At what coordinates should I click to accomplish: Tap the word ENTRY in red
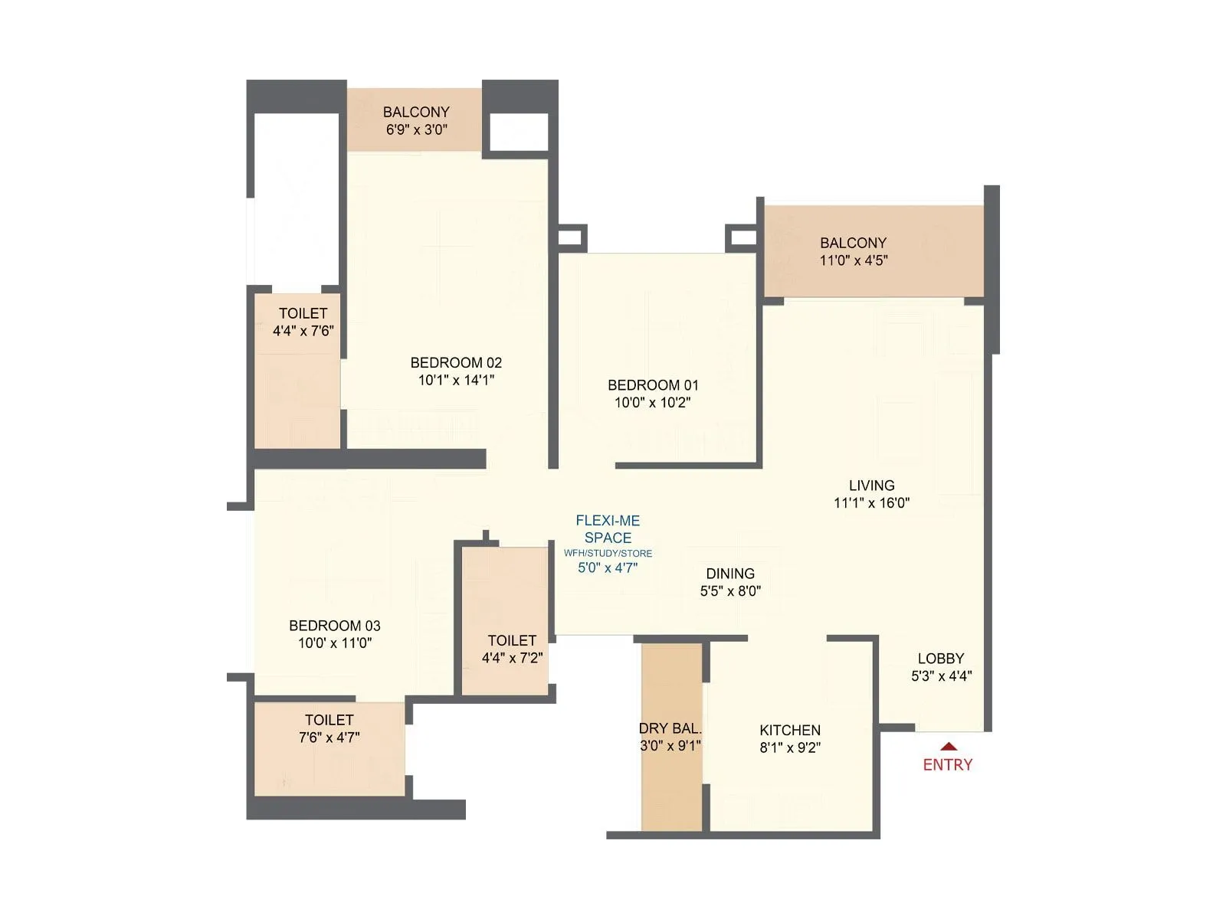(947, 764)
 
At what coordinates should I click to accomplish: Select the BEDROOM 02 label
(456, 362)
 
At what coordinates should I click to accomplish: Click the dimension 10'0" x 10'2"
(652, 403)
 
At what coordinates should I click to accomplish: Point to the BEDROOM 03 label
(334, 626)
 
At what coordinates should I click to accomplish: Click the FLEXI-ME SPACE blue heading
(608, 529)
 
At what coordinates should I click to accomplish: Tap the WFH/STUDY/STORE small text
(608, 553)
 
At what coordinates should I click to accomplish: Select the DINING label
(730, 574)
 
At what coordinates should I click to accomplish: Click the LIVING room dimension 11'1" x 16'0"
(871, 503)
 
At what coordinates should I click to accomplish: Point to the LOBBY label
(941, 659)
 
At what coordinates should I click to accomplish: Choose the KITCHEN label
(790, 731)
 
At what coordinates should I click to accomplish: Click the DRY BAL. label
(670, 728)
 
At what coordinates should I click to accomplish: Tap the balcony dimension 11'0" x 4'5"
(854, 260)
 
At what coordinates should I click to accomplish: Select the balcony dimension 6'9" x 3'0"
(416, 129)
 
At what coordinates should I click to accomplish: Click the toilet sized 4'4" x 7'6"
(303, 331)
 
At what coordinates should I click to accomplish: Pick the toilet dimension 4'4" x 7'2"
(512, 658)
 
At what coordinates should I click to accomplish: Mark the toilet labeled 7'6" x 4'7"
(329, 737)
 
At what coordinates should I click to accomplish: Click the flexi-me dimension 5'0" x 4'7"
(608, 568)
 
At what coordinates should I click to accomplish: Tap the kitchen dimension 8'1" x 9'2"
(790, 748)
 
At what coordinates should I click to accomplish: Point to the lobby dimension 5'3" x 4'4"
(941, 676)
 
